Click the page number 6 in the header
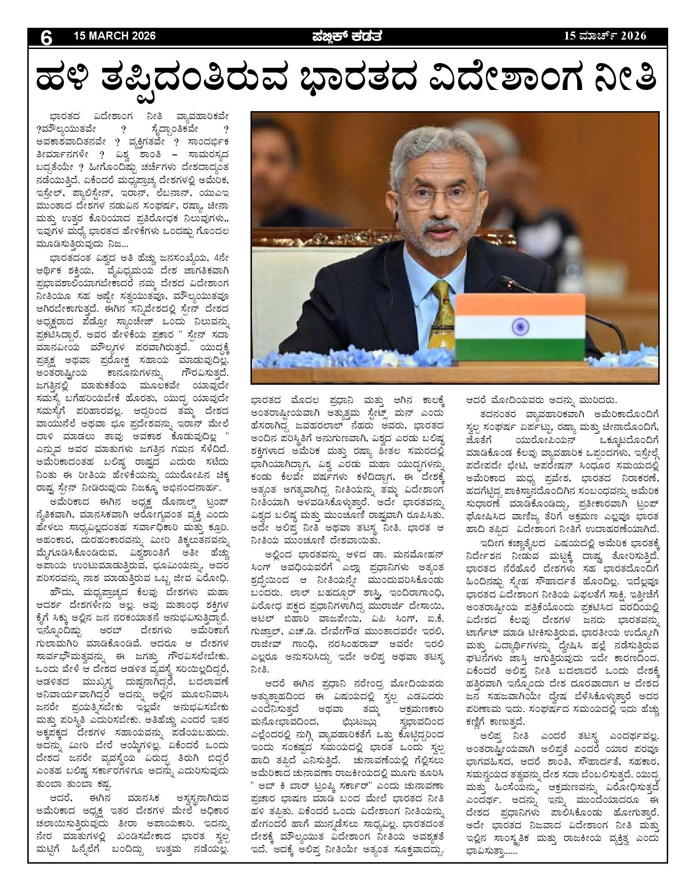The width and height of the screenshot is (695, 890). pos(46,37)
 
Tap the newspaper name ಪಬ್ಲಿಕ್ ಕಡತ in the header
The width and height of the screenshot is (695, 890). pos(347,36)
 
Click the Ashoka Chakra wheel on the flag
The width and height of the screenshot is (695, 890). pos(520,325)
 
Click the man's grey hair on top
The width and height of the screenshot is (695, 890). pos(433,141)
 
